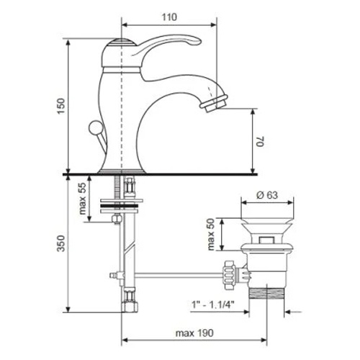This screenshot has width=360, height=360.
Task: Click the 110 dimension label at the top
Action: coord(169,17)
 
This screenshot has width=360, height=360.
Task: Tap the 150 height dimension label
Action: coord(61,107)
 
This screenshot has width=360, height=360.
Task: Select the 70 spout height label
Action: coord(261,141)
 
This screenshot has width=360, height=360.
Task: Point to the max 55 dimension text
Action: coord(82,199)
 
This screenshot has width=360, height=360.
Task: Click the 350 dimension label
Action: coord(61,243)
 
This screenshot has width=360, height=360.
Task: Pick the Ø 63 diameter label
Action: coord(266,195)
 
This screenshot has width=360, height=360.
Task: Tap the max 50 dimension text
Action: coord(211,235)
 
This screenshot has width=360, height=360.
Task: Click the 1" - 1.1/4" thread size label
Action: coord(212,305)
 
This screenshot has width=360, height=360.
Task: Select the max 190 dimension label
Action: coord(194,333)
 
